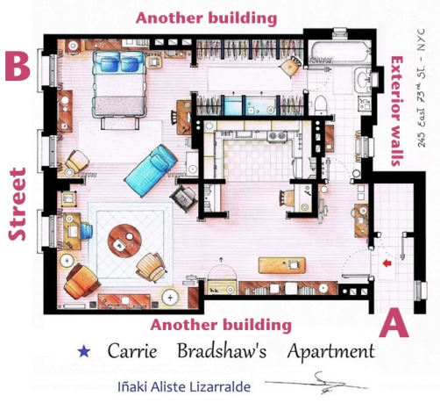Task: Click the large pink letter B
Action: click(18, 67)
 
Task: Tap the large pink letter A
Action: click(394, 324)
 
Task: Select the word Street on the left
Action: click(18, 204)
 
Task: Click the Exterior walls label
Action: click(397, 111)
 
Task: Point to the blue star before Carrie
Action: click(84, 351)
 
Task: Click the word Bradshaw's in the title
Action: click(222, 351)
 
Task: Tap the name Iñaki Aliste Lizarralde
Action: click(184, 386)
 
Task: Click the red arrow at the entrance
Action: click(387, 263)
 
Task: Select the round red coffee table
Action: click(124, 241)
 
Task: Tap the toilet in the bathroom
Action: click(321, 105)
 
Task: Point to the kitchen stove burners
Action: click(277, 136)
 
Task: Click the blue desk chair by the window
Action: click(86, 231)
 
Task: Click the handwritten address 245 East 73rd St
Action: click(422, 88)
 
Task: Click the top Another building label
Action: click(206, 18)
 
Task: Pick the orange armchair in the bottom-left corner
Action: click(82, 281)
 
